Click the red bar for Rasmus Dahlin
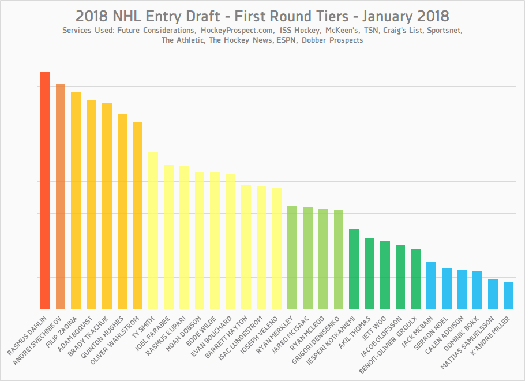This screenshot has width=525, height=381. pyautogui.click(x=45, y=190)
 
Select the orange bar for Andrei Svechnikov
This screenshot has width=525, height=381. pyautogui.click(x=61, y=196)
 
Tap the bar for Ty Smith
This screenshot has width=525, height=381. pyautogui.click(x=153, y=230)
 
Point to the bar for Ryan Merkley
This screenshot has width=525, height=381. pyautogui.click(x=292, y=257)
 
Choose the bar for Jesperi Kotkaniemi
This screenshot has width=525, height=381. pyautogui.click(x=354, y=269)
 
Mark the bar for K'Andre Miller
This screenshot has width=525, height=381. pyautogui.click(x=508, y=295)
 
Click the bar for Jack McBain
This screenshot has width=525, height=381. pyautogui.click(x=431, y=285)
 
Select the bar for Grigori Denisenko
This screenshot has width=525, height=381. pyautogui.click(x=339, y=259)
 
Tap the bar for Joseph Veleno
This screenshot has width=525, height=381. pyautogui.click(x=276, y=248)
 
